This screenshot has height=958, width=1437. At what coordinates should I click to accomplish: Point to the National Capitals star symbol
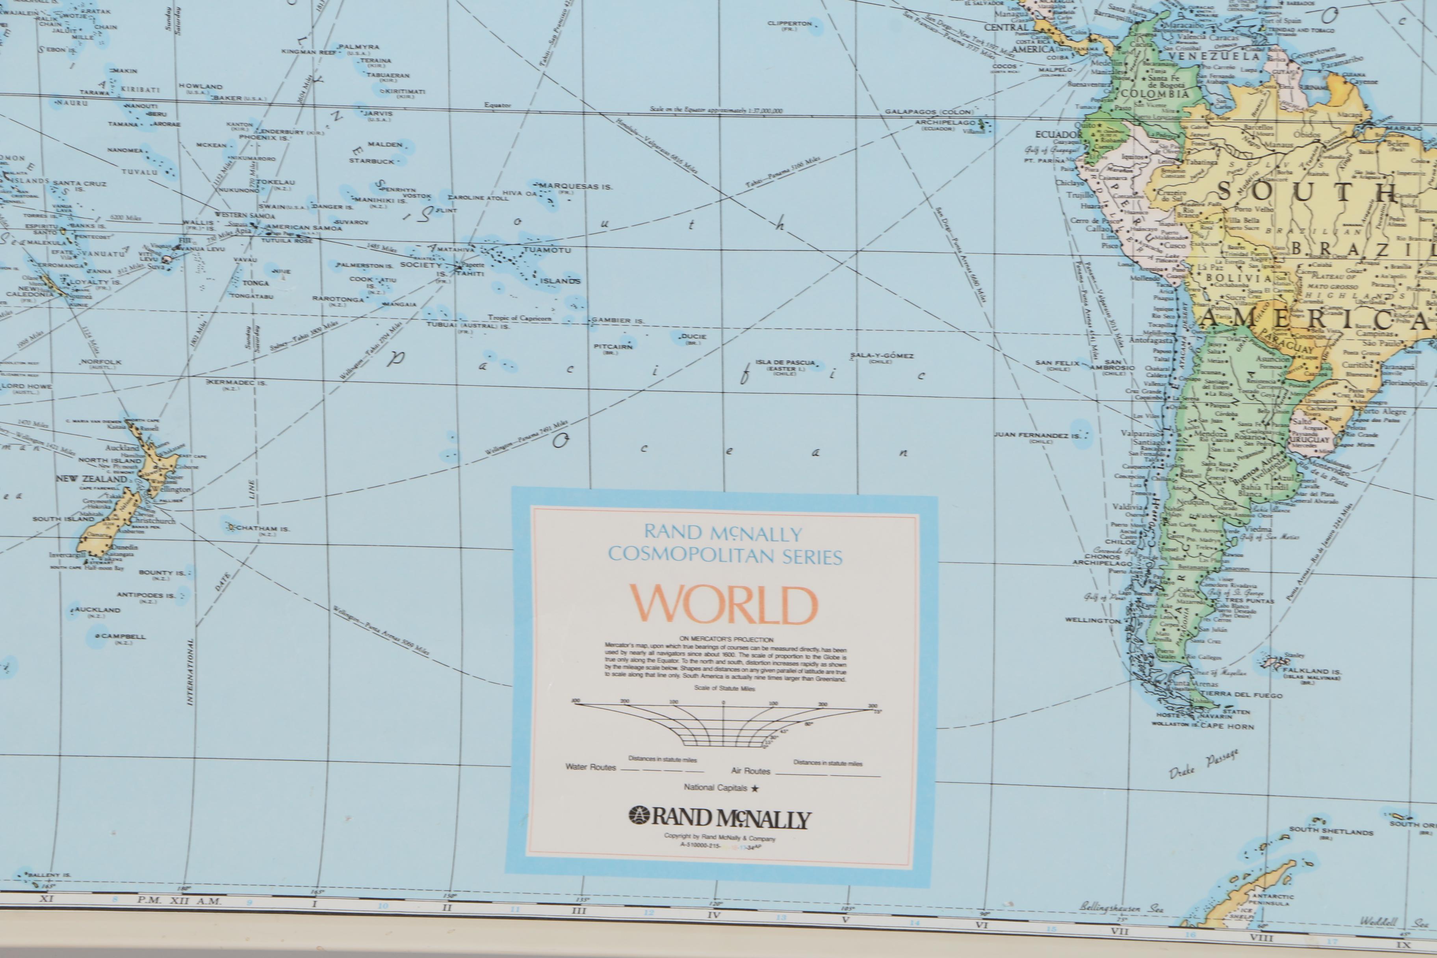(x=755, y=788)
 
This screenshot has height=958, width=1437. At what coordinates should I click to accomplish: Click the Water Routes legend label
(x=590, y=767)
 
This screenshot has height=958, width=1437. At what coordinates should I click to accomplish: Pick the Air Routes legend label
(x=750, y=771)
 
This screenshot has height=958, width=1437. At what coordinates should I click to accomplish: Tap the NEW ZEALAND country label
(x=92, y=478)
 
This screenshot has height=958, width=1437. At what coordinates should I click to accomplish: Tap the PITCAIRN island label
(x=613, y=346)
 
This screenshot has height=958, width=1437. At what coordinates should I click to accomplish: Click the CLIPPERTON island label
(x=789, y=24)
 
